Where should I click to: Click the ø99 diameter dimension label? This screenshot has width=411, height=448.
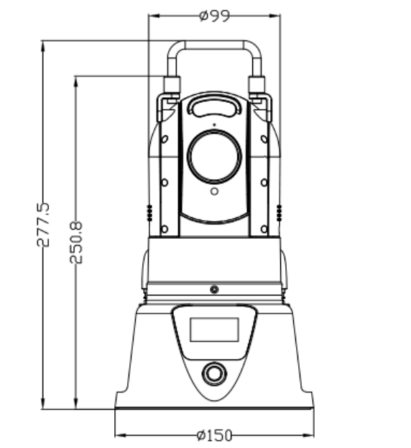point(214,16)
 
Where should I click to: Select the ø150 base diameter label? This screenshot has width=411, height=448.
point(214,436)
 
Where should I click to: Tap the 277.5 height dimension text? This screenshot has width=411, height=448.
point(43,224)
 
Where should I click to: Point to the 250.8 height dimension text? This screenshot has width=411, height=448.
point(76,242)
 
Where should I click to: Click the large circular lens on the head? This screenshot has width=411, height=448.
point(214,156)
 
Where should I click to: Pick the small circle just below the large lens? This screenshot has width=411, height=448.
point(214,191)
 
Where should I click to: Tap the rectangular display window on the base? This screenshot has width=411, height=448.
point(214,329)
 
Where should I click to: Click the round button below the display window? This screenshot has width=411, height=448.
point(214,373)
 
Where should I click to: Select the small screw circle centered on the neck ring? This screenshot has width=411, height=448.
point(214,289)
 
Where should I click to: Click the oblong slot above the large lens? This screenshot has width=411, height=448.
point(214,106)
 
